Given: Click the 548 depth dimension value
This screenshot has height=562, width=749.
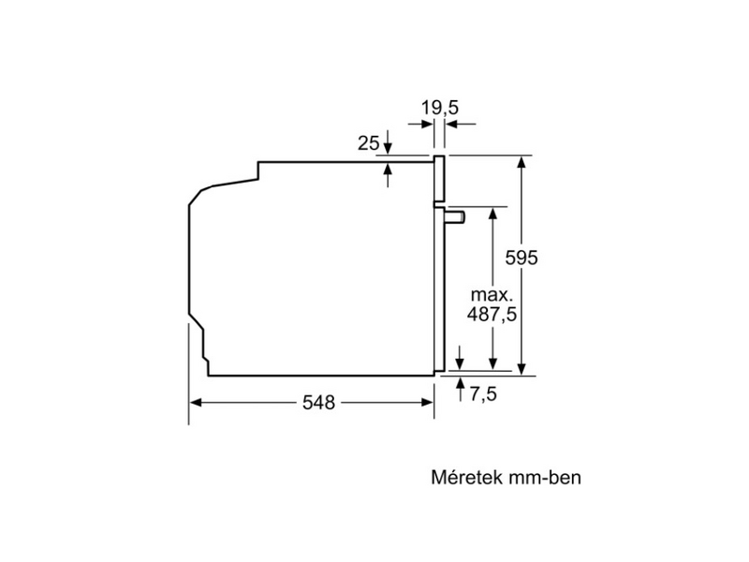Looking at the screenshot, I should (x=318, y=403).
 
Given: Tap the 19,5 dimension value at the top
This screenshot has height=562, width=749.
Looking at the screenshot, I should (x=439, y=109).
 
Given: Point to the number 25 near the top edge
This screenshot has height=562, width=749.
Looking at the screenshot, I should (x=368, y=143).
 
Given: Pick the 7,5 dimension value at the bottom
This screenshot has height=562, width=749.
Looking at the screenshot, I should (x=482, y=394).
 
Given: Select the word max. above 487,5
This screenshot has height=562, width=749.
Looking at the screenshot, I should (x=492, y=292).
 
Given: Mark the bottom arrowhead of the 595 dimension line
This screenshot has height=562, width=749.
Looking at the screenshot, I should (x=521, y=369).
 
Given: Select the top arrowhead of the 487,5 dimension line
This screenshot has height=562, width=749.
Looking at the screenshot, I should (x=491, y=213).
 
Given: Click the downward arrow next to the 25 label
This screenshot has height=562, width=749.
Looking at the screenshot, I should (x=389, y=148).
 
